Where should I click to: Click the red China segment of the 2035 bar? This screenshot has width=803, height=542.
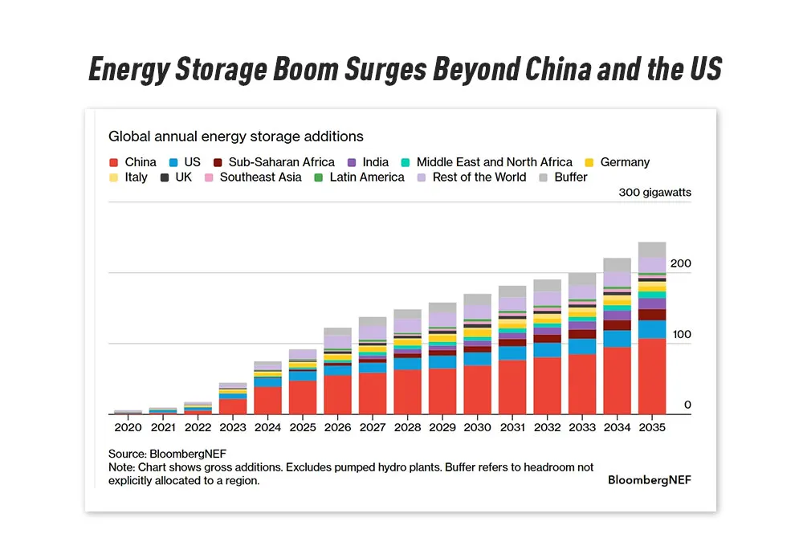[651, 376]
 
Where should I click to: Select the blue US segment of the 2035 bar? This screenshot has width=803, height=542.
[651, 329]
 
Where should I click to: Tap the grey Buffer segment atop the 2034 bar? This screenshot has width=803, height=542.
[617, 265]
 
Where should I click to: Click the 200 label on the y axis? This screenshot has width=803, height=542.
[680, 263]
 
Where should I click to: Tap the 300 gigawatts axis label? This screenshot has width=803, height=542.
[654, 193]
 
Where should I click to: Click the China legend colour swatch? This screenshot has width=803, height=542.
[113, 162]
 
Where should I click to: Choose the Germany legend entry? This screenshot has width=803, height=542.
[624, 162]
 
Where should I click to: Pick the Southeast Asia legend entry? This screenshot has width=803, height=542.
[260, 177]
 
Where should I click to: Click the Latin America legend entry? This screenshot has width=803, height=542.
[366, 177]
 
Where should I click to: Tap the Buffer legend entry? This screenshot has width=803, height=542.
[570, 177]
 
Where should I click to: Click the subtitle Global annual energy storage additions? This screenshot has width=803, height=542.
[236, 137]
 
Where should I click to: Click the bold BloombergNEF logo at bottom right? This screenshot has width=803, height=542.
[649, 479]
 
